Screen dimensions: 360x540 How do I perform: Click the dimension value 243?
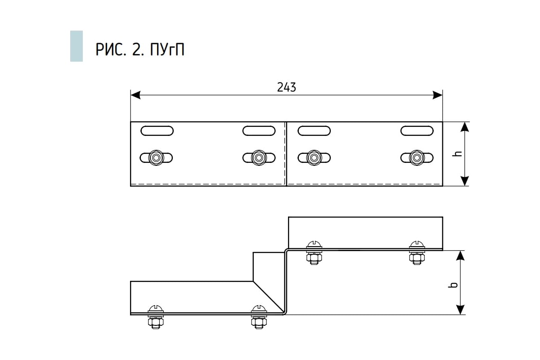point(287,87)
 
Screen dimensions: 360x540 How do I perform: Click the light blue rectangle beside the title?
point(76,46)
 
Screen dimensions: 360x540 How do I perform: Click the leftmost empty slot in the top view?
point(157,131)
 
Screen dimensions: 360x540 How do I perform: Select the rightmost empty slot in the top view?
point(417,131)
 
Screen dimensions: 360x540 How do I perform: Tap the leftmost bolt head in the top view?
point(157,158)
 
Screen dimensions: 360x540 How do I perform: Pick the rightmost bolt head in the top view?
point(417,158)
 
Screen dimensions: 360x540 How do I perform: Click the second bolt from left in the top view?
point(259,158)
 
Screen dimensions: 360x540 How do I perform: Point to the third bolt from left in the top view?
point(314,158)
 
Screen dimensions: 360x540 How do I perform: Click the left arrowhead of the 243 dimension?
point(135,95)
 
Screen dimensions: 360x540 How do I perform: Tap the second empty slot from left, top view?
point(259,131)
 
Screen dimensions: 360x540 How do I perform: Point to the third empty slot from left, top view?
point(314,131)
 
